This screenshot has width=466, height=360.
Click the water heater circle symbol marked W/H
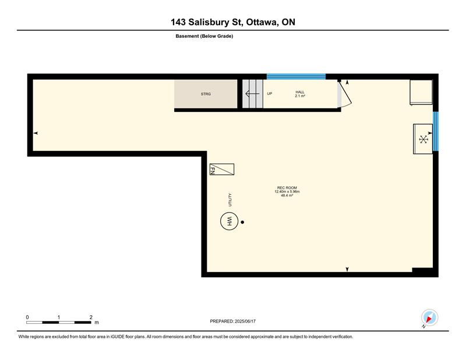click(x=229, y=221)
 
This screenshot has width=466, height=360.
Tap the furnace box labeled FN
click(x=222, y=169)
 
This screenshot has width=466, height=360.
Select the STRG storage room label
click(x=206, y=94)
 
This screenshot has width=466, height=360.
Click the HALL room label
click(x=300, y=92)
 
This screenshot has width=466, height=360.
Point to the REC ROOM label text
click(x=287, y=188)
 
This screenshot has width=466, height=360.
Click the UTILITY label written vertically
click(x=230, y=200)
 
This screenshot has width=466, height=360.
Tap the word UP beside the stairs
click(x=270, y=94)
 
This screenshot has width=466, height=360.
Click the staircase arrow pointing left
click(x=252, y=94)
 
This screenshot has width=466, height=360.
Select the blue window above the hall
click(x=296, y=76)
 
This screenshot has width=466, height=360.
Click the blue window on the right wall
click(x=435, y=131)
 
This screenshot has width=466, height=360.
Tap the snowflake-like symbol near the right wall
click(x=423, y=139)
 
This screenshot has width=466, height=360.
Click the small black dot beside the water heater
click(x=242, y=222)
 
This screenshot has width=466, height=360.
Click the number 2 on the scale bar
click(x=91, y=317)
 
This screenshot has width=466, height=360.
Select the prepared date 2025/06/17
click(x=245, y=322)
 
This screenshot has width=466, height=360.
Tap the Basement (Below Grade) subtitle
click(x=204, y=36)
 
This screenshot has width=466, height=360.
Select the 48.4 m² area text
click(x=287, y=196)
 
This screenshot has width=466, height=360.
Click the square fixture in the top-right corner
click(x=421, y=92)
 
